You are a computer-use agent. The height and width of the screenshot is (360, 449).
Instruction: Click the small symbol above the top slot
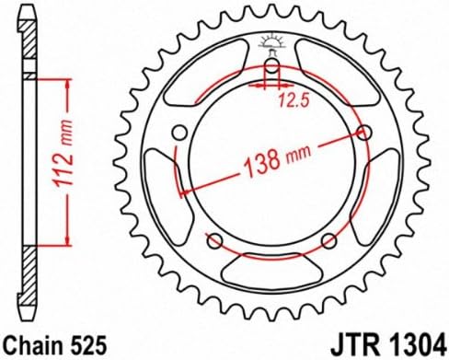pyautogui.click(x=273, y=42)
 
